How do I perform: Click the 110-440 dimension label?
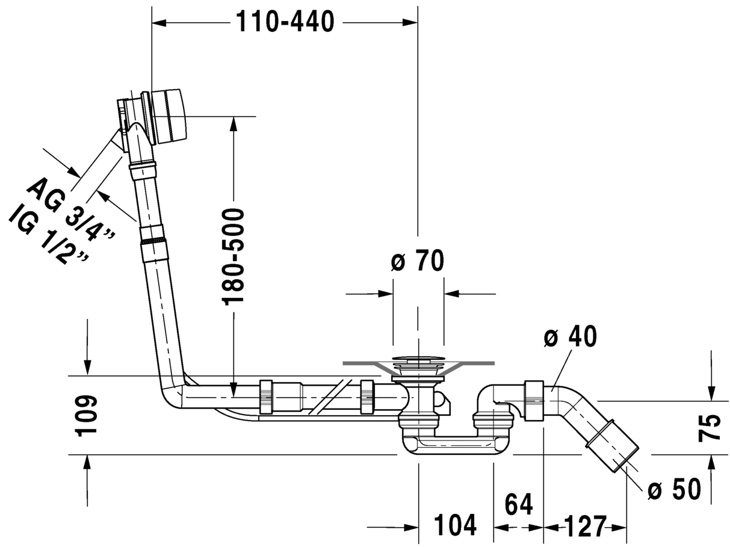click(285, 22)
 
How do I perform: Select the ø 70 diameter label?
click(418, 261)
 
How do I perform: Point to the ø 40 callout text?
click(570, 336)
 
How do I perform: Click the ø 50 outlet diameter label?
click(674, 489)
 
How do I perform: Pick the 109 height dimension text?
click(86, 416)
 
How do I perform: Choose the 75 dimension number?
click(710, 428)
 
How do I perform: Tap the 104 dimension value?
click(456, 525)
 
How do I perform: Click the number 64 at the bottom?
click(519, 504)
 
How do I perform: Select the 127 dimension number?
click(586, 526)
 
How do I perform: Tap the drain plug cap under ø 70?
click(418, 359)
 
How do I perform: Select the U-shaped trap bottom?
click(452, 445)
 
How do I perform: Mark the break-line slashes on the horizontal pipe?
click(330, 397)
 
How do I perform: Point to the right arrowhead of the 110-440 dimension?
click(410, 23)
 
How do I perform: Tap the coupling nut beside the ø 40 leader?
click(533, 401)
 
